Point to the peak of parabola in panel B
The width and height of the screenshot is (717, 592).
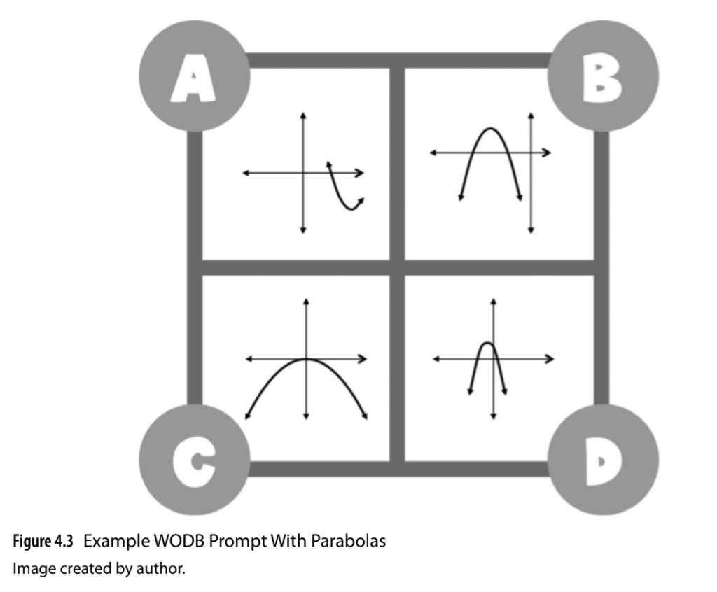coord(491,129)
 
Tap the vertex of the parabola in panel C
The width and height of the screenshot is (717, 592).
coord(306,359)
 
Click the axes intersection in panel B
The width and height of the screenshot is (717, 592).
coord(531,152)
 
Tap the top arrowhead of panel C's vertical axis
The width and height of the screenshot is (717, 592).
coord(306,302)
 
